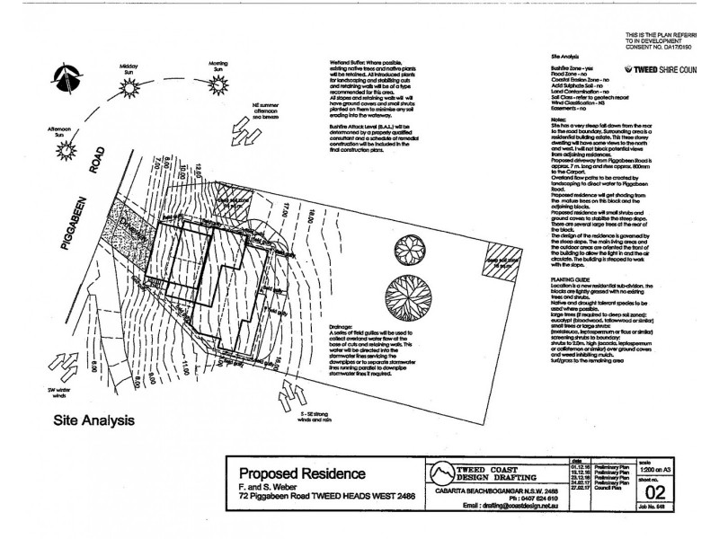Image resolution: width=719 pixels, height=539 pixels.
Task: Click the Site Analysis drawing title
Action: point(95,419)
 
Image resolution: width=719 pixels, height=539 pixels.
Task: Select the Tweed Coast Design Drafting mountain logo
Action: point(440,472)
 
